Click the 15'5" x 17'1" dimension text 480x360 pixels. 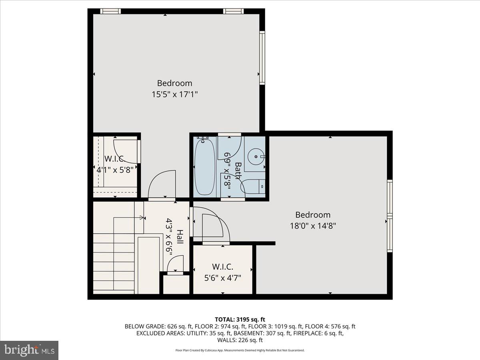tap(174, 95)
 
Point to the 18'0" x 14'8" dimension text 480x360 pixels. tap(313, 225)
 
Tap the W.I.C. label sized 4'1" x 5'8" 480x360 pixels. tap(115, 158)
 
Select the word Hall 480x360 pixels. tap(180, 237)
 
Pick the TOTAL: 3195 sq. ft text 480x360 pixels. tap(240, 319)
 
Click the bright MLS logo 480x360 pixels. tap(29, 350)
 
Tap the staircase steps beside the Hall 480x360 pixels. tap(114, 264)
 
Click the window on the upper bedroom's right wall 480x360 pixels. tap(262, 58)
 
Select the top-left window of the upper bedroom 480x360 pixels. tap(110, 11)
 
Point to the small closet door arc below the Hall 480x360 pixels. tap(175, 264)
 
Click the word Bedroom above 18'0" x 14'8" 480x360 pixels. tap(313, 215)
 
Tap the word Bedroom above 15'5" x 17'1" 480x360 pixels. tap(174, 83)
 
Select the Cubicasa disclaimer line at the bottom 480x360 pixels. tap(240, 350)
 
